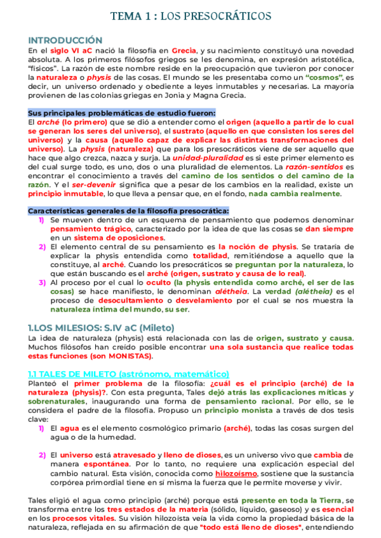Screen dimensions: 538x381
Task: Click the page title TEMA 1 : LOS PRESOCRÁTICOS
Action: pos(190,15)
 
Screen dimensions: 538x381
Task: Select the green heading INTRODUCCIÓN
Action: pos(65,39)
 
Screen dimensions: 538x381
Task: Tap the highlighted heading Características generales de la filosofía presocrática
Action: pos(128,210)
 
